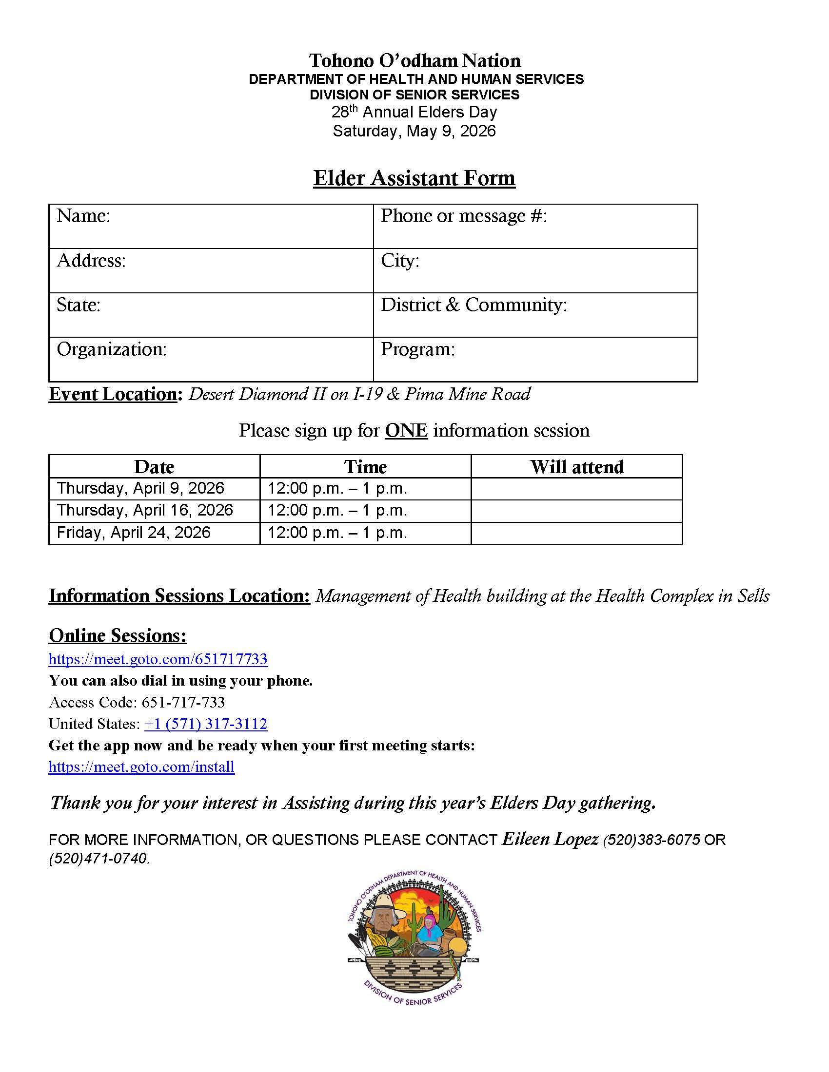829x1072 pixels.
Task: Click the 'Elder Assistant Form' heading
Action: click(x=414, y=178)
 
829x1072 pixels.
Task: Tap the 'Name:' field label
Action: click(x=83, y=216)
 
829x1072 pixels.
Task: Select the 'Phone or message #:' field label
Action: click(x=464, y=216)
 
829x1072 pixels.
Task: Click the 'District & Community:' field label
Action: click(x=474, y=305)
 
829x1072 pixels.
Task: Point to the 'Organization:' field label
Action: click(x=112, y=349)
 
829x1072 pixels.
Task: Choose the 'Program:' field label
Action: click(x=417, y=349)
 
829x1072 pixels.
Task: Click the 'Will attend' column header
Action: click(x=576, y=466)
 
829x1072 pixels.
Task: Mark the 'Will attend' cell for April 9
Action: click(x=576, y=489)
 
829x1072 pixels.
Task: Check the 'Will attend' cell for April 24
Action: click(x=576, y=533)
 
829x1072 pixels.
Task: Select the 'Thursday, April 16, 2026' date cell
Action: click(x=145, y=511)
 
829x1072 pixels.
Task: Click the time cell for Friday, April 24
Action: click(x=337, y=533)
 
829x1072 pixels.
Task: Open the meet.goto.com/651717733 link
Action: click(x=158, y=659)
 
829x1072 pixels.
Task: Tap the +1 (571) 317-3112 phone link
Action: click(x=206, y=724)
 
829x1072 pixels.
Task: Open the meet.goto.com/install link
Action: click(x=141, y=766)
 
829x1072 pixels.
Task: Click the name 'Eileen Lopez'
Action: click(x=550, y=839)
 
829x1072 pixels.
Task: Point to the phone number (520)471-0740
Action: click(x=99, y=859)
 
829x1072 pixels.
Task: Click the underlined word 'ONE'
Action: click(x=406, y=430)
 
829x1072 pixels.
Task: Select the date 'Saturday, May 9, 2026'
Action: click(x=414, y=131)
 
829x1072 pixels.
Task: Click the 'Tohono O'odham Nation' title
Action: click(x=414, y=60)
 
